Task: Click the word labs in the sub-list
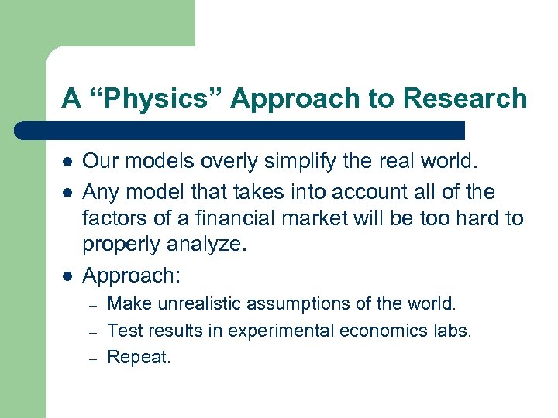[453, 331]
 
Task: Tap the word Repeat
[139, 357]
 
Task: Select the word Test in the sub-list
[122, 331]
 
